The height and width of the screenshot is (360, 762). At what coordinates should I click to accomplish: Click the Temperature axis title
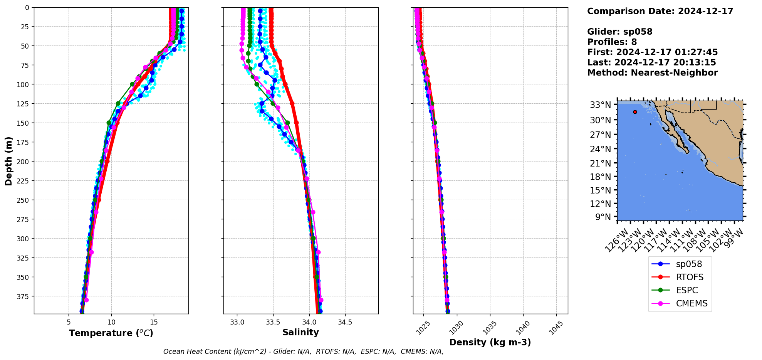click(111, 333)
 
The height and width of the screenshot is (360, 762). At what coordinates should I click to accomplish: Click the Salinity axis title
click(300, 333)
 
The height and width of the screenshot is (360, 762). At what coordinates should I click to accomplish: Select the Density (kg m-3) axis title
click(490, 342)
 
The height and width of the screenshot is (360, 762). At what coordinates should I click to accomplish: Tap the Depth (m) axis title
click(9, 161)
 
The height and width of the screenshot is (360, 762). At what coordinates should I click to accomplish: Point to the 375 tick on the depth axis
click(23, 296)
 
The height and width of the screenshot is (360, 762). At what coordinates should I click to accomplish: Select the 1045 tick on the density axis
click(556, 328)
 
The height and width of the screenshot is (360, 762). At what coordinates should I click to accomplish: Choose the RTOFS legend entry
click(689, 277)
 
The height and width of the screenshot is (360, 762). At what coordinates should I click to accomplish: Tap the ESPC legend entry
click(686, 290)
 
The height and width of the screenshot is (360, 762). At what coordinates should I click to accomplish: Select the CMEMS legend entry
click(692, 303)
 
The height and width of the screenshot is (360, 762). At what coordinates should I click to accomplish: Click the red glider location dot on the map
click(635, 112)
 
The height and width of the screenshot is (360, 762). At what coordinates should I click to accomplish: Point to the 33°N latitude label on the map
click(600, 105)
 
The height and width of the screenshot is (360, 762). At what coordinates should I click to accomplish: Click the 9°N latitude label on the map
click(603, 217)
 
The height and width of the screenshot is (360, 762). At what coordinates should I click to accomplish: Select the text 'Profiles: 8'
click(612, 42)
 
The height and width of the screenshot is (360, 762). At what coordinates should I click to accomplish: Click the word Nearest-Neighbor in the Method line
click(674, 73)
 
